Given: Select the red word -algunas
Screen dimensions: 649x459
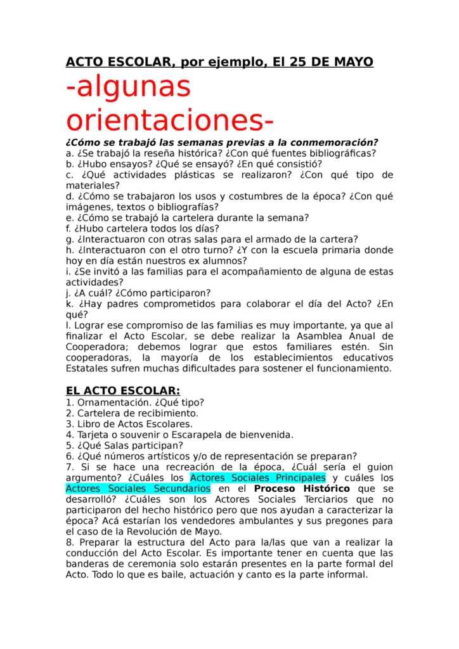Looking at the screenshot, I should (x=129, y=87).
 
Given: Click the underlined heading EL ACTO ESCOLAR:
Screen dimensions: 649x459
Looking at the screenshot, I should (x=123, y=390).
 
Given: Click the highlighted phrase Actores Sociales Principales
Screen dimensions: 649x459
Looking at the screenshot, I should (x=258, y=477).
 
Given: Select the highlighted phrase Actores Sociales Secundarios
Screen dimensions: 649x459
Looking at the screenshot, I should (x=138, y=489).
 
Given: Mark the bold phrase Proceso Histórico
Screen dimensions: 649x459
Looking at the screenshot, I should (x=302, y=489).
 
